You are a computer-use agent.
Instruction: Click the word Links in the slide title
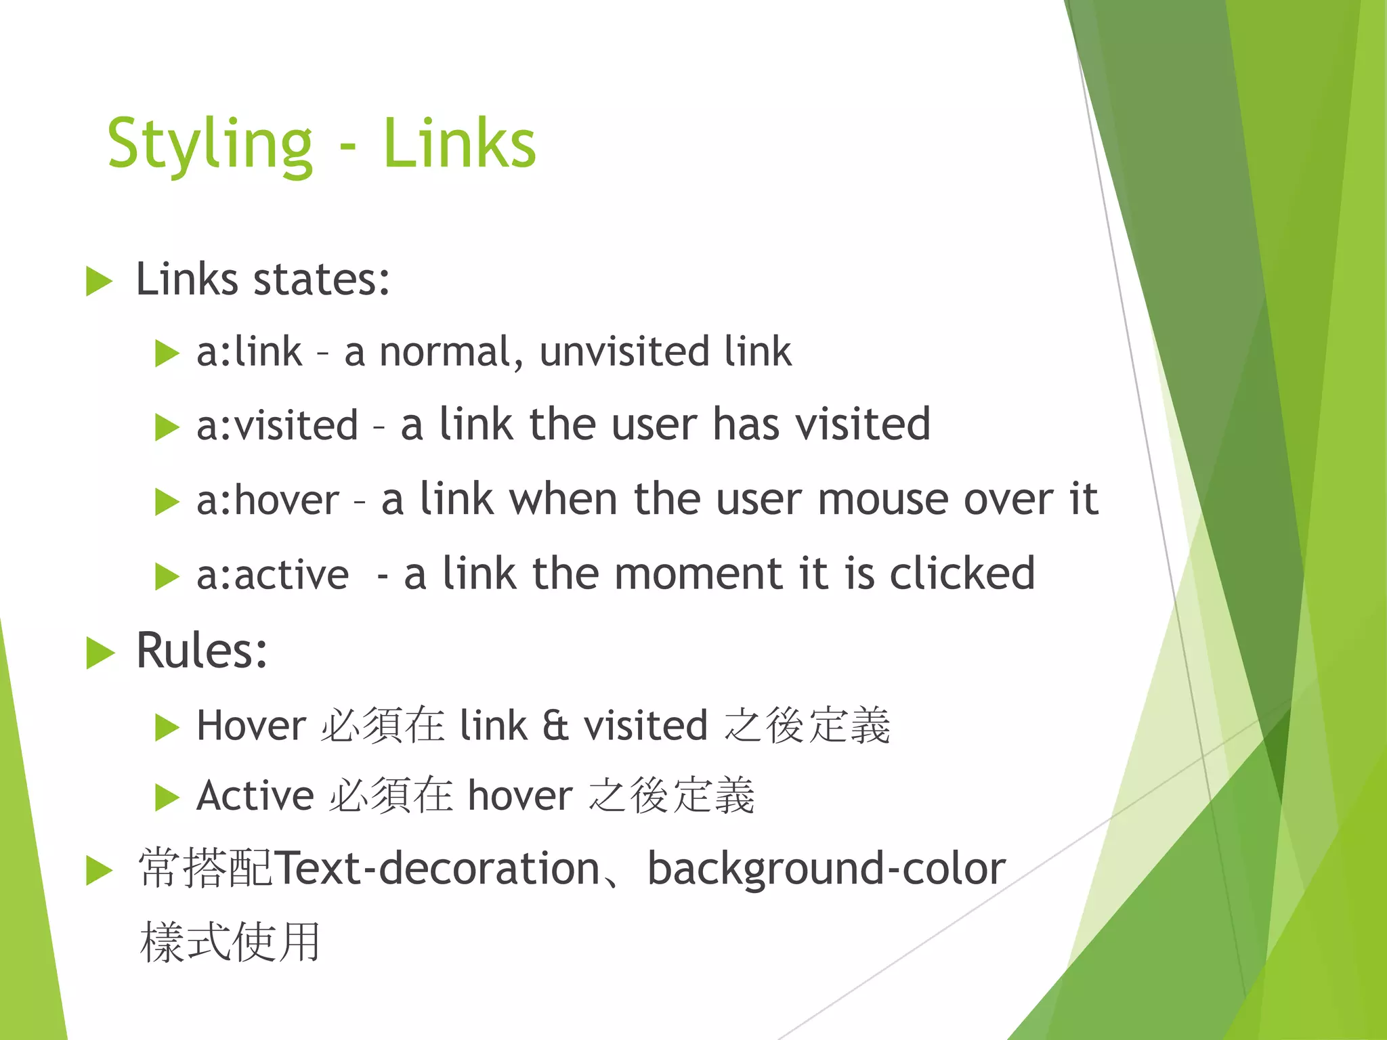pyautogui.click(x=459, y=144)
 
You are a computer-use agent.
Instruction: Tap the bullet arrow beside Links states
pyautogui.click(x=100, y=282)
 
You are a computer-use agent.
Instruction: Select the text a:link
pyautogui.click(x=249, y=352)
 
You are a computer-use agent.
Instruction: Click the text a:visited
pyautogui.click(x=277, y=425)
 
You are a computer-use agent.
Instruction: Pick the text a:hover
pyautogui.click(x=268, y=501)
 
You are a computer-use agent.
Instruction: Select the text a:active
pyautogui.click(x=272, y=576)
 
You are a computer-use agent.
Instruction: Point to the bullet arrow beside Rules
pyautogui.click(x=100, y=653)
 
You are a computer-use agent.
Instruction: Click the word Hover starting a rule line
pyautogui.click(x=251, y=726)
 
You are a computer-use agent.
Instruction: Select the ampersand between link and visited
pyautogui.click(x=555, y=726)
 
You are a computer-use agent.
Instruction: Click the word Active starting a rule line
pyautogui.click(x=255, y=796)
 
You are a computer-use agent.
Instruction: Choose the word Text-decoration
pyautogui.click(x=438, y=869)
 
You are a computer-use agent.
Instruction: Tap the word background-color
pyautogui.click(x=826, y=869)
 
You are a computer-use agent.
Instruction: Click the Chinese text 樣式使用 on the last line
pyautogui.click(x=230, y=942)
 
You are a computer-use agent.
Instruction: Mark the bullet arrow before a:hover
pyautogui.click(x=167, y=502)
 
